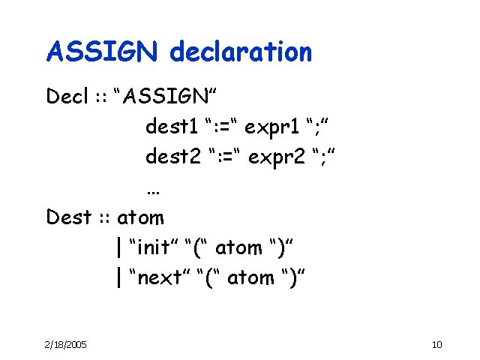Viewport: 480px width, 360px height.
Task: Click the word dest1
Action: click(173, 127)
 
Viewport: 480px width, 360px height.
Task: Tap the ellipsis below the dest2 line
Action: click(154, 190)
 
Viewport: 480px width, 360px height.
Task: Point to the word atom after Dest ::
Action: click(140, 217)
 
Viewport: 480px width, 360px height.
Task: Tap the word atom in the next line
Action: click(251, 277)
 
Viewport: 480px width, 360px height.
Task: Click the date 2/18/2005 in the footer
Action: click(66, 344)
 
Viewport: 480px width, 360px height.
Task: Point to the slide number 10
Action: click(438, 344)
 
